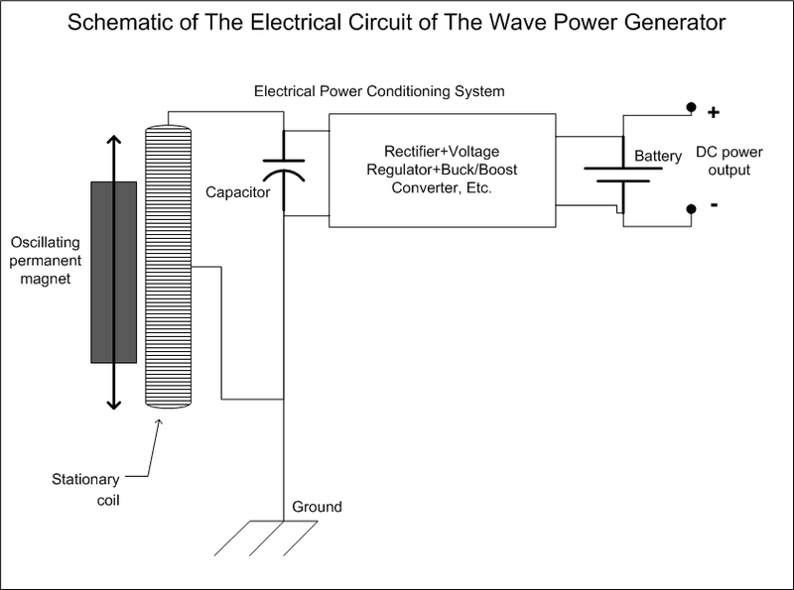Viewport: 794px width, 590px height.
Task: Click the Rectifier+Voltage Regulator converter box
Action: point(442,171)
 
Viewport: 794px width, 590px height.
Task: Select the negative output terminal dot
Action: point(689,209)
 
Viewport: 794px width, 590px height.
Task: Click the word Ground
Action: point(317,507)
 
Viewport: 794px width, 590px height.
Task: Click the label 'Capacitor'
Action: point(237,192)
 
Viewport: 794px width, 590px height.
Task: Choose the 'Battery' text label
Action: point(658,157)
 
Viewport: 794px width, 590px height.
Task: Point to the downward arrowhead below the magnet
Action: point(113,404)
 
